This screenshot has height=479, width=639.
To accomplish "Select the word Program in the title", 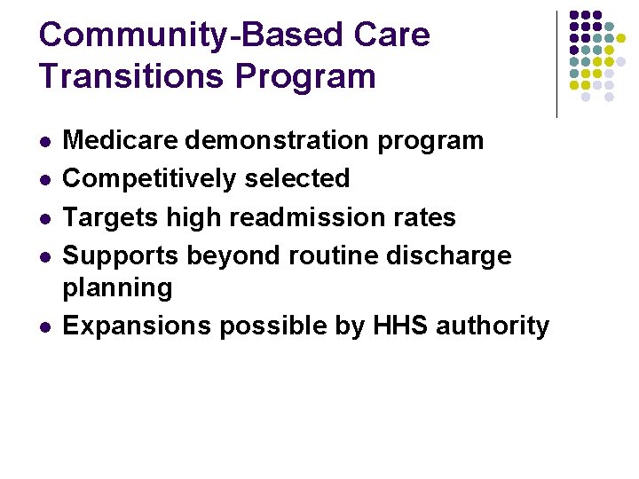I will pyautogui.click(x=306, y=76).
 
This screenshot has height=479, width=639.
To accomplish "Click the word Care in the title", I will pyautogui.click(x=390, y=35).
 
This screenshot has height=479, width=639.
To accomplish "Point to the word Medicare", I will pyautogui.click(x=118, y=140).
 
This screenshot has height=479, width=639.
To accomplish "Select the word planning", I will pyautogui.click(x=117, y=288).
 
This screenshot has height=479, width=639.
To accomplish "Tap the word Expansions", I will pyautogui.click(x=137, y=326).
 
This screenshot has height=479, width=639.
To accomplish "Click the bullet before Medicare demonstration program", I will pyautogui.click(x=43, y=142).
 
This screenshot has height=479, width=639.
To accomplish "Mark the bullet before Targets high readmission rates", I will pyautogui.click(x=43, y=218).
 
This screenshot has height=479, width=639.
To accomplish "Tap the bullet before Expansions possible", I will pyautogui.click(x=43, y=327).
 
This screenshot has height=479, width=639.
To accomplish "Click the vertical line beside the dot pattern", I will pyautogui.click(x=556, y=64).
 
